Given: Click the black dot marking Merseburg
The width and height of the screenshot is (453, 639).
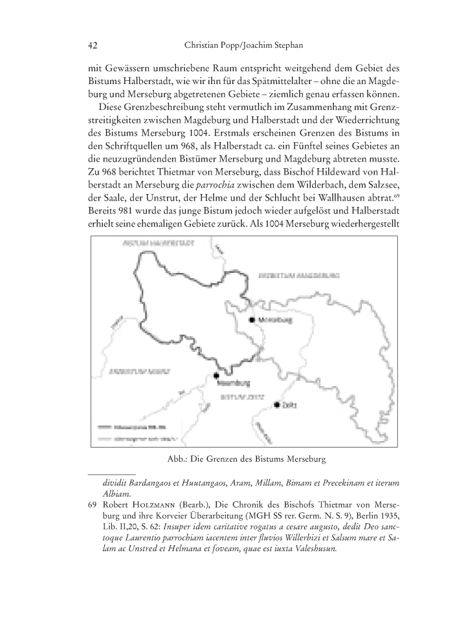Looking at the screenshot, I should [x=252, y=319].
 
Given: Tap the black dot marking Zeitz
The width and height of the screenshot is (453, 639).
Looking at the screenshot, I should [x=277, y=405].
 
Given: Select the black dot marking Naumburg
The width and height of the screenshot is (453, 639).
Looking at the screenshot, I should [x=217, y=375].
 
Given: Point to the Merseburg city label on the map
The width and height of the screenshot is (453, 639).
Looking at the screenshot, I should [x=272, y=319].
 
